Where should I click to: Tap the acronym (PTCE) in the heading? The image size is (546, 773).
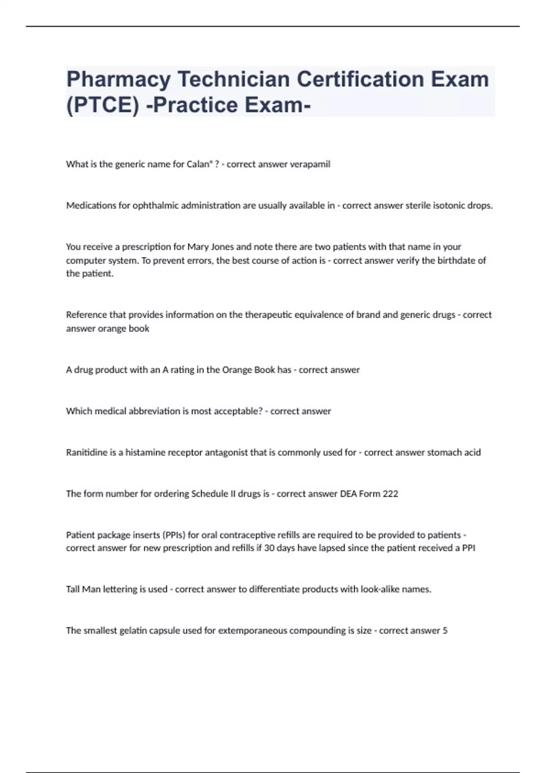[102, 105]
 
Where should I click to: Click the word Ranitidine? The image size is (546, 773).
[86, 452]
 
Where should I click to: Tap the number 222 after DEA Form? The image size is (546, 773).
[390, 494]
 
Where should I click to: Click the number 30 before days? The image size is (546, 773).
[269, 548]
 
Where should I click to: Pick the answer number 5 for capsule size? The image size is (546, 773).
[445, 631]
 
